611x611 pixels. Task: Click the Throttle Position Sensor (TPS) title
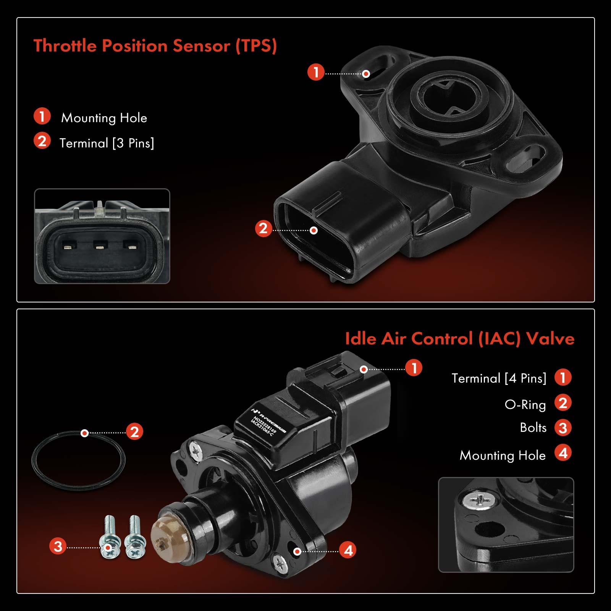coord(155,46)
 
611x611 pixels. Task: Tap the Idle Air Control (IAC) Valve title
coord(459,339)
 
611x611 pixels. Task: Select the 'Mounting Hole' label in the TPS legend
coord(104,118)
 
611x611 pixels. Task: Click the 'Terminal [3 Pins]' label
coord(107,143)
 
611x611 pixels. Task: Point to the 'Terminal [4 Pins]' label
coord(499,378)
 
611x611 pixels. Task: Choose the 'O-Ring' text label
coord(525,404)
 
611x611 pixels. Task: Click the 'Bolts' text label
coord(533,428)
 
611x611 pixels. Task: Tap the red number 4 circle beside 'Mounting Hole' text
coord(563,453)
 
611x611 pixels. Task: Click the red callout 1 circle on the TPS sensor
coord(316,72)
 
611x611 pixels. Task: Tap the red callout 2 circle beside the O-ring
coord(134,432)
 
